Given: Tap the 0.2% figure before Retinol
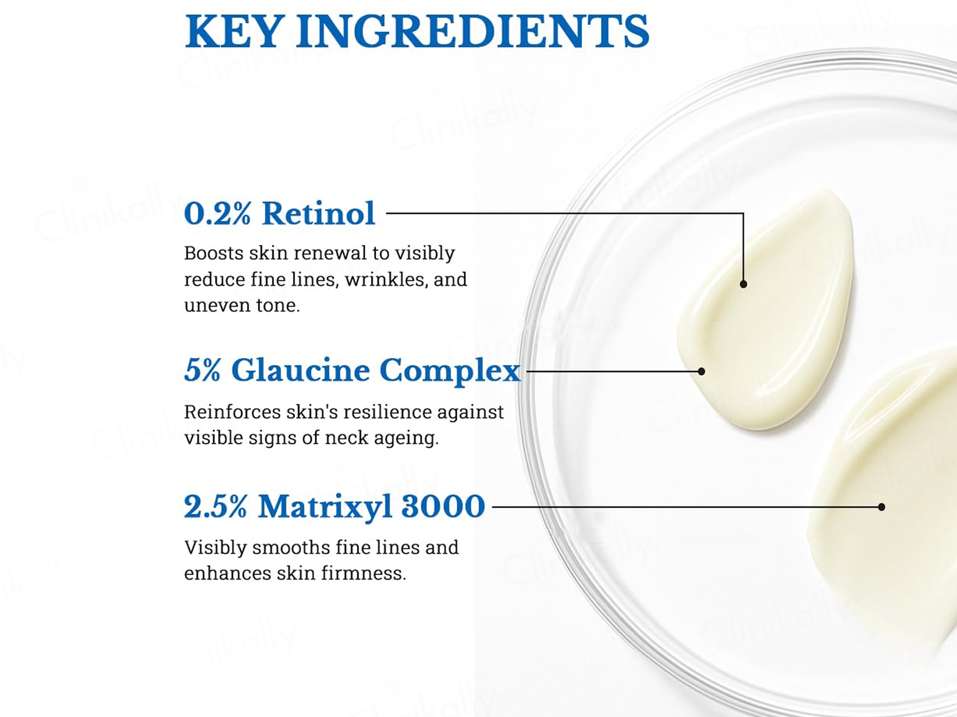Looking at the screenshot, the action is coord(217,214).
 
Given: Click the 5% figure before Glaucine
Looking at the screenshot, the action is coord(202,370).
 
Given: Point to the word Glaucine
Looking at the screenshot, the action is coord(300,370).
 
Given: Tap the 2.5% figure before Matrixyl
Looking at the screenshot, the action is coord(215,507).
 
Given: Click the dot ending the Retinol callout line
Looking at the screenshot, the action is coord(743,284).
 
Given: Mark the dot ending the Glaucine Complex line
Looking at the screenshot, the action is coord(701,371).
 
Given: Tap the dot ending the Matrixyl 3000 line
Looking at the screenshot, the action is coord(881,507).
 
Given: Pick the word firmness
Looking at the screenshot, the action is coord(363,574).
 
